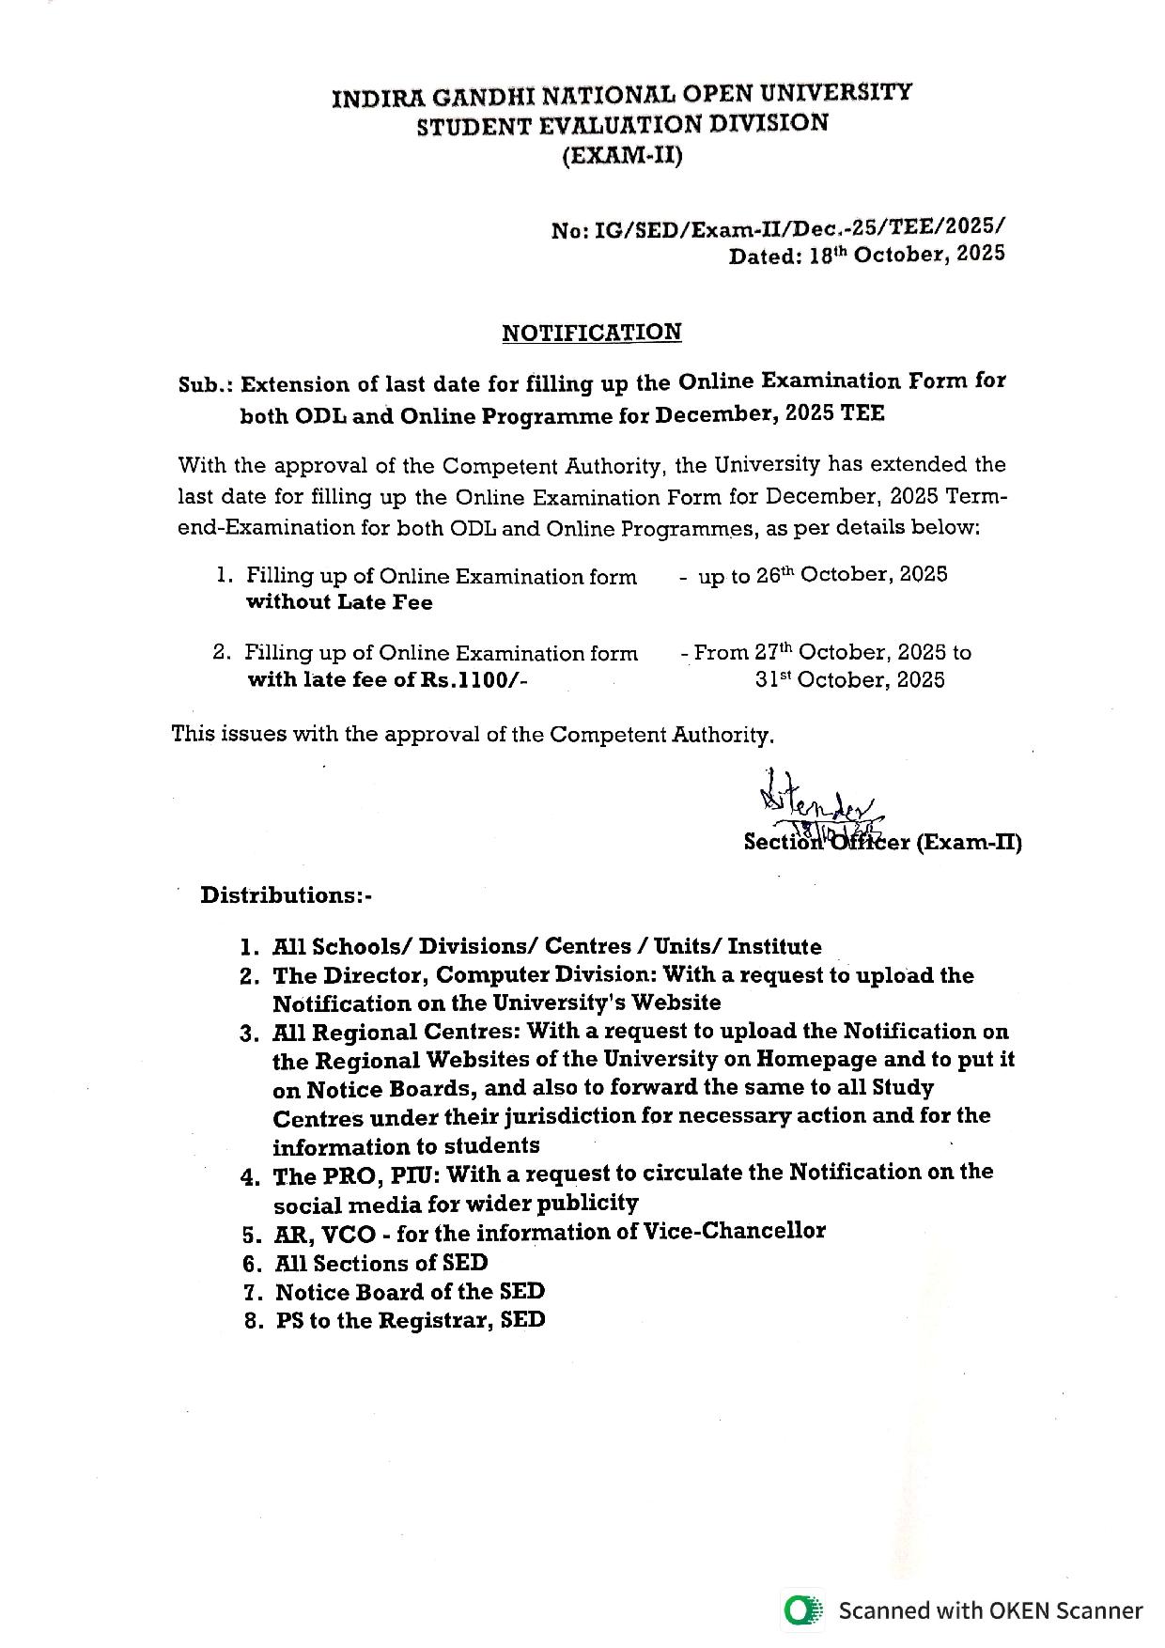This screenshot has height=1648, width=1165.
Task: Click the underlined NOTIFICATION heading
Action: pyautogui.click(x=591, y=333)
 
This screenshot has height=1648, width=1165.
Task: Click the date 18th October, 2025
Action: pyautogui.click(x=906, y=255)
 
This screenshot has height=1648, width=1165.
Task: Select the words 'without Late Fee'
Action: pyautogui.click(x=339, y=602)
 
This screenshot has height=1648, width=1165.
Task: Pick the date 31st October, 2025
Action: pyautogui.click(x=849, y=680)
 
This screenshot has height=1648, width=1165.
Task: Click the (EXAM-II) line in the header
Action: pyautogui.click(x=621, y=155)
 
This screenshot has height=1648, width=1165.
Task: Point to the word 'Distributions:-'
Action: pyautogui.click(x=286, y=894)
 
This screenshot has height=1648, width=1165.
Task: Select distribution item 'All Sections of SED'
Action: pyautogui.click(x=381, y=1264)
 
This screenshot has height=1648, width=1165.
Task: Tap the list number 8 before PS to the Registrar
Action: pyautogui.click(x=251, y=1321)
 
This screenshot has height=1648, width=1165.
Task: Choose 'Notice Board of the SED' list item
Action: pyautogui.click(x=410, y=1292)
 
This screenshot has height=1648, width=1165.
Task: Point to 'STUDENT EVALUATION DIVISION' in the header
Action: pyautogui.click(x=622, y=125)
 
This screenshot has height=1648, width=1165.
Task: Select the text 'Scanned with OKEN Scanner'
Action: pyautogui.click(x=990, y=1610)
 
